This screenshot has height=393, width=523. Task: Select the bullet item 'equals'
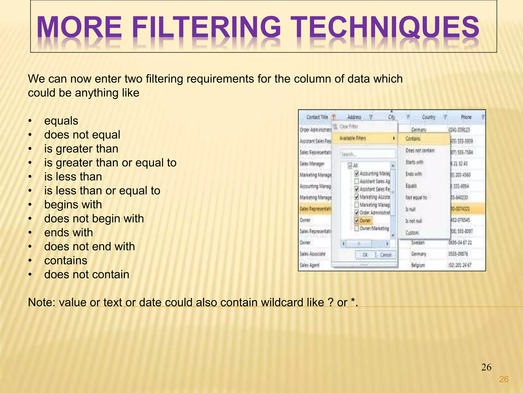tap(61, 121)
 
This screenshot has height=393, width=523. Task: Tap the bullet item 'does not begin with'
tap(94, 219)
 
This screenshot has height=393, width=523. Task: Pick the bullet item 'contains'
tap(66, 260)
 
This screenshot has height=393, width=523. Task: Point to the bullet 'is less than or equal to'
tap(102, 191)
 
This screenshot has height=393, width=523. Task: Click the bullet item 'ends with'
tap(68, 233)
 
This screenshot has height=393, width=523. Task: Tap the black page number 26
tap(486, 367)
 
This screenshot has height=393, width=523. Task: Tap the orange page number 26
tap(504, 379)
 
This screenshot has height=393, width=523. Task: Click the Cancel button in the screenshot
tap(386, 255)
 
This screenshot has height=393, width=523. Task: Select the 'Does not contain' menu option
tap(420, 150)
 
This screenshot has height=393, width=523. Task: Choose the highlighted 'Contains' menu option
tap(413, 139)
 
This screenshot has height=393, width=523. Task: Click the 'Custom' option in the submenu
tap(412, 233)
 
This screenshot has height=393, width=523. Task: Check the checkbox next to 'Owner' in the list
tap(357, 221)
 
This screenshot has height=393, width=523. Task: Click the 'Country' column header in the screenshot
tap(429, 117)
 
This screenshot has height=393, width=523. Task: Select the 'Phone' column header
tap(466, 117)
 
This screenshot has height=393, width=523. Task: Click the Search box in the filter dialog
tap(368, 154)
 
